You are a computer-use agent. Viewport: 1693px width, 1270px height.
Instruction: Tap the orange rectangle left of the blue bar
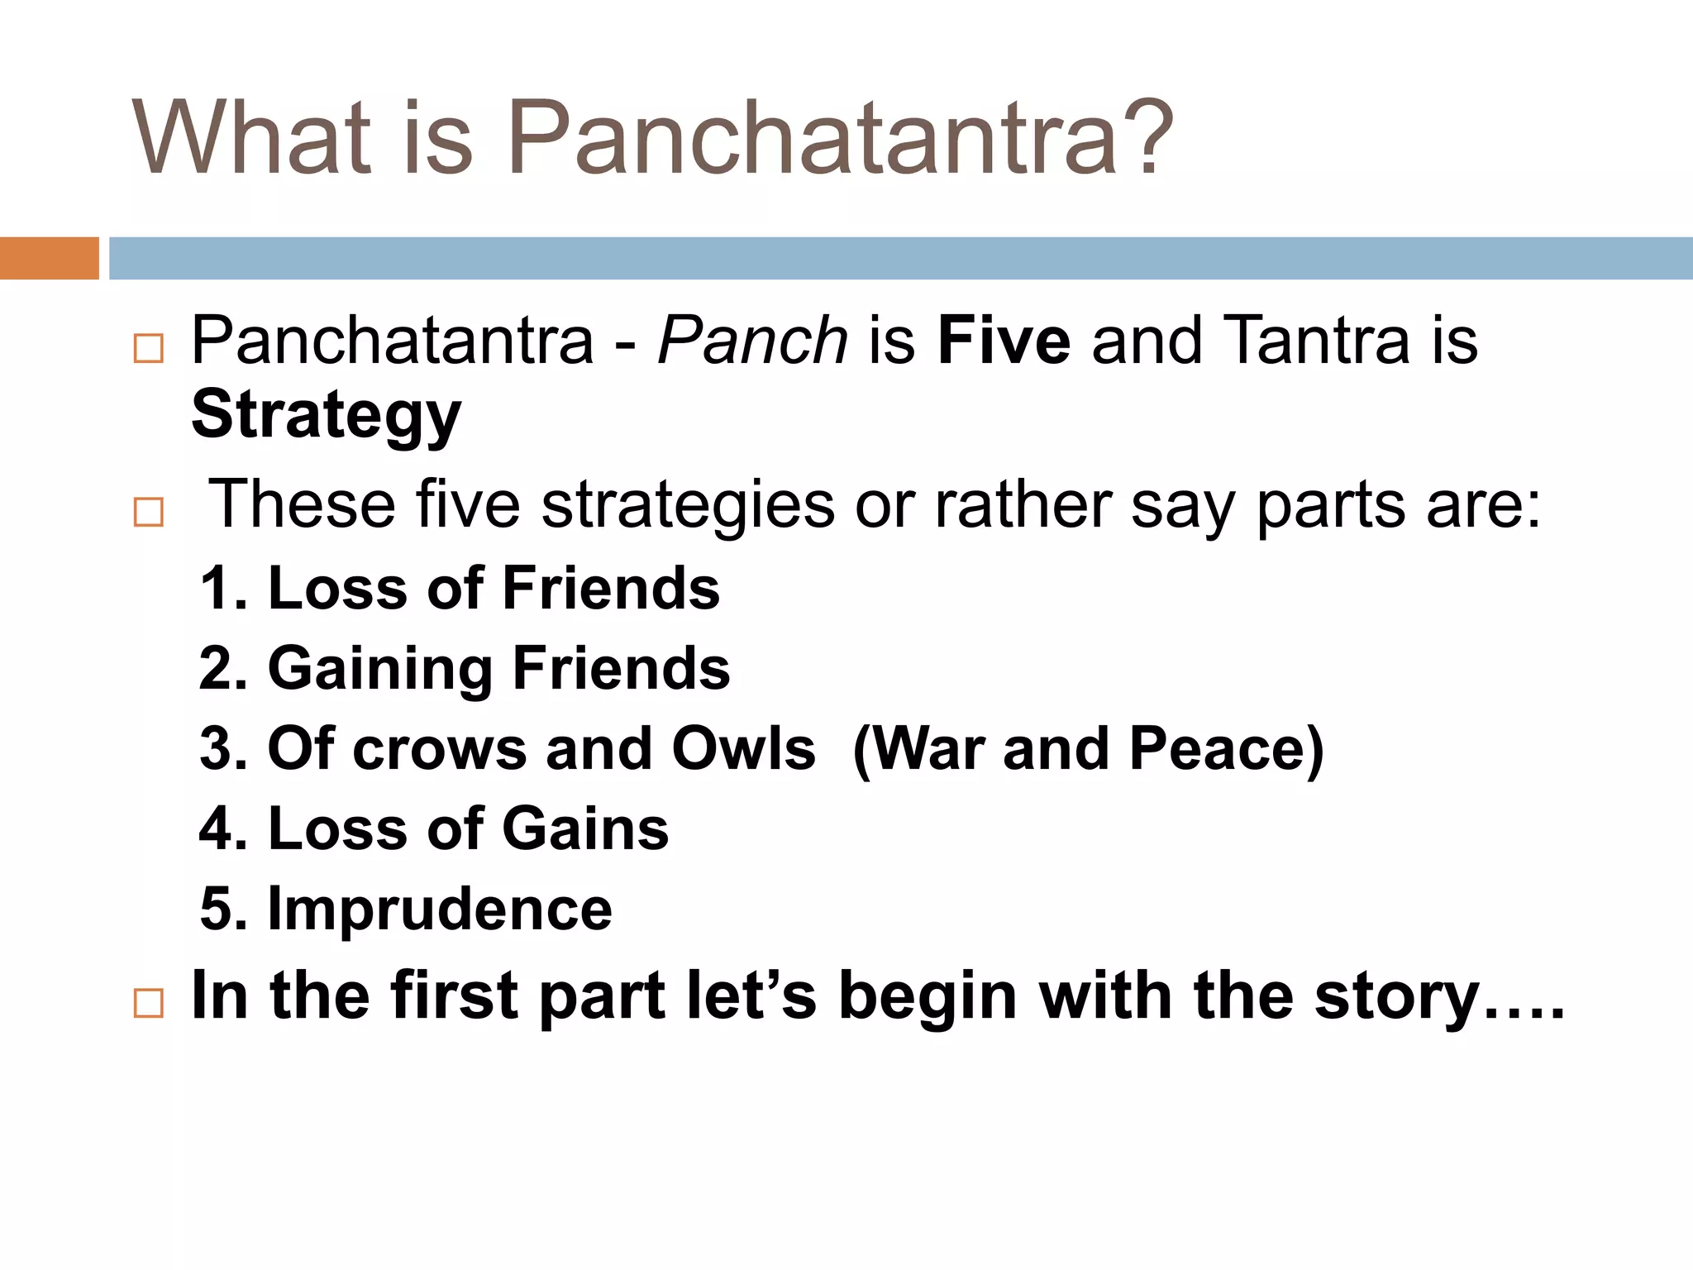click(x=49, y=258)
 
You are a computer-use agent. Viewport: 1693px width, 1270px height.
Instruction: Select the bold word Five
click(x=1004, y=341)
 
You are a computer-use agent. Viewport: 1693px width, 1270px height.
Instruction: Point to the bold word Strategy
click(x=326, y=416)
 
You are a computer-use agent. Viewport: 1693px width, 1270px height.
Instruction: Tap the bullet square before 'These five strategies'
click(x=149, y=513)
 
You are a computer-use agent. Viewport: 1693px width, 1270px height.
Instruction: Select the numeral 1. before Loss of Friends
click(x=224, y=589)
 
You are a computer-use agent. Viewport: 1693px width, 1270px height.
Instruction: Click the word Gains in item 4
click(x=585, y=828)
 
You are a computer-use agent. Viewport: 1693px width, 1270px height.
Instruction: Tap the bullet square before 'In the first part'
click(x=149, y=1004)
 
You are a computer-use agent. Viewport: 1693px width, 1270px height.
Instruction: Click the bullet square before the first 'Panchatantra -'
click(x=149, y=349)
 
